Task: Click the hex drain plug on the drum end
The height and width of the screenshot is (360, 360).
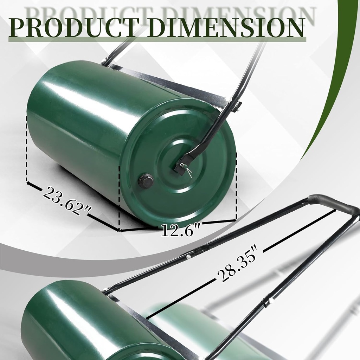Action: [x=146, y=181]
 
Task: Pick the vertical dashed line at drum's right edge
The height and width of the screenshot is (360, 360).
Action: [x=236, y=186]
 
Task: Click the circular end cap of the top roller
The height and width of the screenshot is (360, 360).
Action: [x=180, y=162]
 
